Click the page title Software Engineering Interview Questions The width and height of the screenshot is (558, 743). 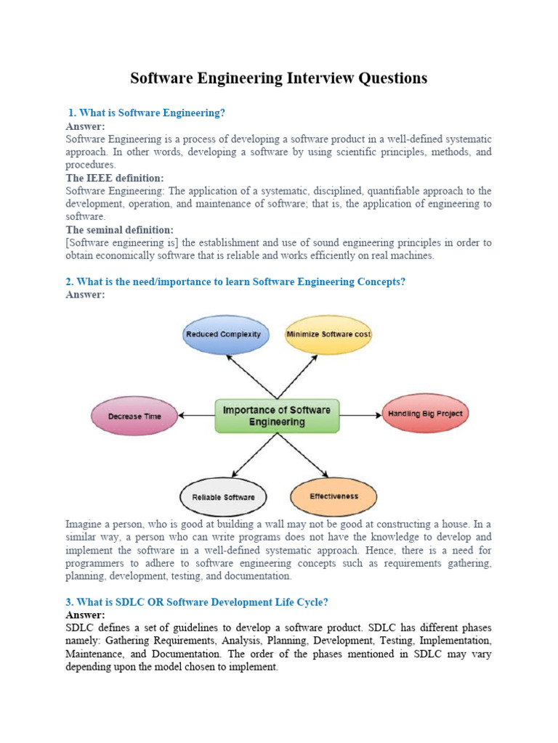click(278, 78)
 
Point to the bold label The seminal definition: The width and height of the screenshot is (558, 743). click(119, 230)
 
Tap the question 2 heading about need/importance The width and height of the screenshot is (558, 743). click(235, 282)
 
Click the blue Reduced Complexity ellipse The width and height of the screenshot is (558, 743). click(223, 334)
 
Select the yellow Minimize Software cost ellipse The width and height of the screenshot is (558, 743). click(328, 334)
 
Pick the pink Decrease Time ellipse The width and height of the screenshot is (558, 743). click(134, 416)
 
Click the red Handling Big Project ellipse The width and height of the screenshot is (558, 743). click(425, 414)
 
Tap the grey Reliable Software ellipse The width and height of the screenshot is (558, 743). click(223, 497)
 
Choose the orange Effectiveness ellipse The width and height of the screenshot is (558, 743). click(333, 496)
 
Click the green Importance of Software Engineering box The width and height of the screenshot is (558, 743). click(276, 415)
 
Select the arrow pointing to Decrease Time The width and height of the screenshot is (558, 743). click(196, 416)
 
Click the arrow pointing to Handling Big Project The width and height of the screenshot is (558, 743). click(360, 415)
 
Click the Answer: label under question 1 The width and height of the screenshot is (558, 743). click(85, 126)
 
